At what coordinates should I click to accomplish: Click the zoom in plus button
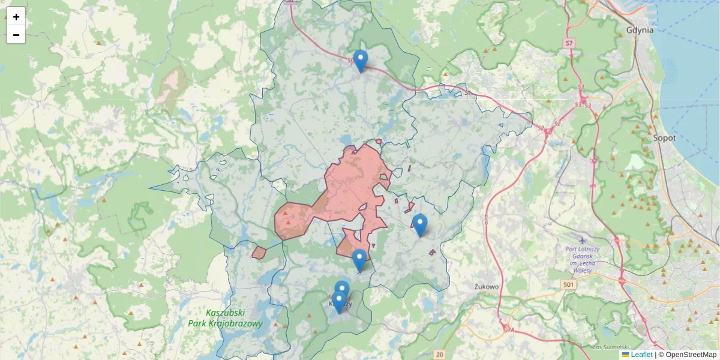point(16,17)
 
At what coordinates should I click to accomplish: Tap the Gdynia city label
point(640,29)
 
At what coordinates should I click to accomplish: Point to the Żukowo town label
point(486,286)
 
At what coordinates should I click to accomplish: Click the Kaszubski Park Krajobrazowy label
point(225,318)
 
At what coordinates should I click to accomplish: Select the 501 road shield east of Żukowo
point(569,283)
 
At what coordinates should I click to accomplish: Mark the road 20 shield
point(440,355)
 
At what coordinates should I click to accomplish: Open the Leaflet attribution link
point(641,355)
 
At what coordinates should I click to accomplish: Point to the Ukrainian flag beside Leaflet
point(625,355)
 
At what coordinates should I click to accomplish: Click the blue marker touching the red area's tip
point(359,260)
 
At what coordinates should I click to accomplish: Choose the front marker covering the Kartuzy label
point(338,301)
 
